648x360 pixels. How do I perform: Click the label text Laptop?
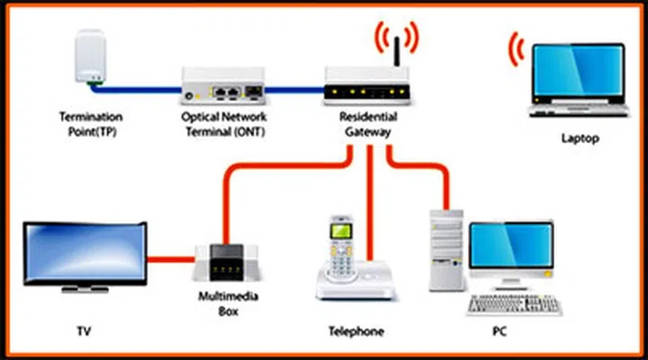[579, 139]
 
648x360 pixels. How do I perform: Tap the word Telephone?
[355, 331]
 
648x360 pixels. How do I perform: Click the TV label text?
[85, 331]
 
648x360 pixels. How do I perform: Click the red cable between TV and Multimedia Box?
[173, 261]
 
